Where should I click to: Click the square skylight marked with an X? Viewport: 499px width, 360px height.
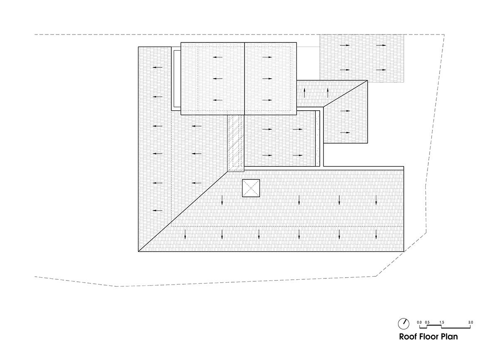tap(251, 188)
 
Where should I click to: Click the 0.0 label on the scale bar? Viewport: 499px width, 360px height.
tap(419, 322)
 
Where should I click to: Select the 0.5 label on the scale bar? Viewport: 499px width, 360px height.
tap(427, 322)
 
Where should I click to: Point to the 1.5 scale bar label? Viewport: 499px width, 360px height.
tap(442, 322)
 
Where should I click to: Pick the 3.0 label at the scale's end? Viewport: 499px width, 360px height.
tap(470, 322)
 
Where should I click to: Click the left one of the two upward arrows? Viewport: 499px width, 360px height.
tap(304, 93)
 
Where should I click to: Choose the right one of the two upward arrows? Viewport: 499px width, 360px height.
tap(328, 93)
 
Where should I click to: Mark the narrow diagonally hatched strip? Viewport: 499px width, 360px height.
tap(236, 143)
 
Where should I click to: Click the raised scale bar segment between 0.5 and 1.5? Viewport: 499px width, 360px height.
tap(434, 326)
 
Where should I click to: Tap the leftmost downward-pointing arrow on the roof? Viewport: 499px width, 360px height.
tap(185, 234)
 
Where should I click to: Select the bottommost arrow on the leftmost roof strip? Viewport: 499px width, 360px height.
tap(158, 211)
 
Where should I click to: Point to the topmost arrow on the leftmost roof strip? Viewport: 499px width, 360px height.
tap(158, 67)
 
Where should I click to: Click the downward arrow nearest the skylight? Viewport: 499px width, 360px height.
tap(222, 200)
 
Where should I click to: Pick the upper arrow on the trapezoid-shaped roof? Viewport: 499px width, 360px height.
tap(345, 111)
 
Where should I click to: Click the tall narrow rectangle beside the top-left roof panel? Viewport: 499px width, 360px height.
tap(177, 79)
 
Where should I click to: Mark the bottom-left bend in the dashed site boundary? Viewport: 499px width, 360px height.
tap(117, 286)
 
